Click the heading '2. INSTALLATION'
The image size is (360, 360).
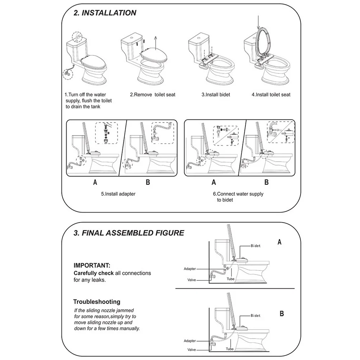click(x=105, y=13)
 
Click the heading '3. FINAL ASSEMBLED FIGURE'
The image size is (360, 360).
click(x=129, y=233)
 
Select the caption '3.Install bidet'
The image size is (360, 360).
click(x=216, y=95)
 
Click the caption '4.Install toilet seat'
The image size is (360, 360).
click(x=271, y=95)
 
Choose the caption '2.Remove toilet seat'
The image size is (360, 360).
click(x=153, y=95)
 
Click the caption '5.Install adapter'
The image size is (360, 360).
click(x=118, y=194)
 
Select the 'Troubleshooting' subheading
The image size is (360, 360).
click(x=97, y=302)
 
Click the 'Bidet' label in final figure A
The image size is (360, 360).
click(x=255, y=246)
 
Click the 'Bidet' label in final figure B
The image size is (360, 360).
click(x=255, y=315)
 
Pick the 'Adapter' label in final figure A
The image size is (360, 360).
click(x=190, y=269)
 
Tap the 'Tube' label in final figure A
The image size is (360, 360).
click(x=230, y=279)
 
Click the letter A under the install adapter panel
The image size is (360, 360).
click(x=95, y=182)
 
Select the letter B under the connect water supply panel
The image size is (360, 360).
click(x=267, y=182)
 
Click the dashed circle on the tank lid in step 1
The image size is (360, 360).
click(x=77, y=37)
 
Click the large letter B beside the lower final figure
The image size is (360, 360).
click(x=282, y=314)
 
